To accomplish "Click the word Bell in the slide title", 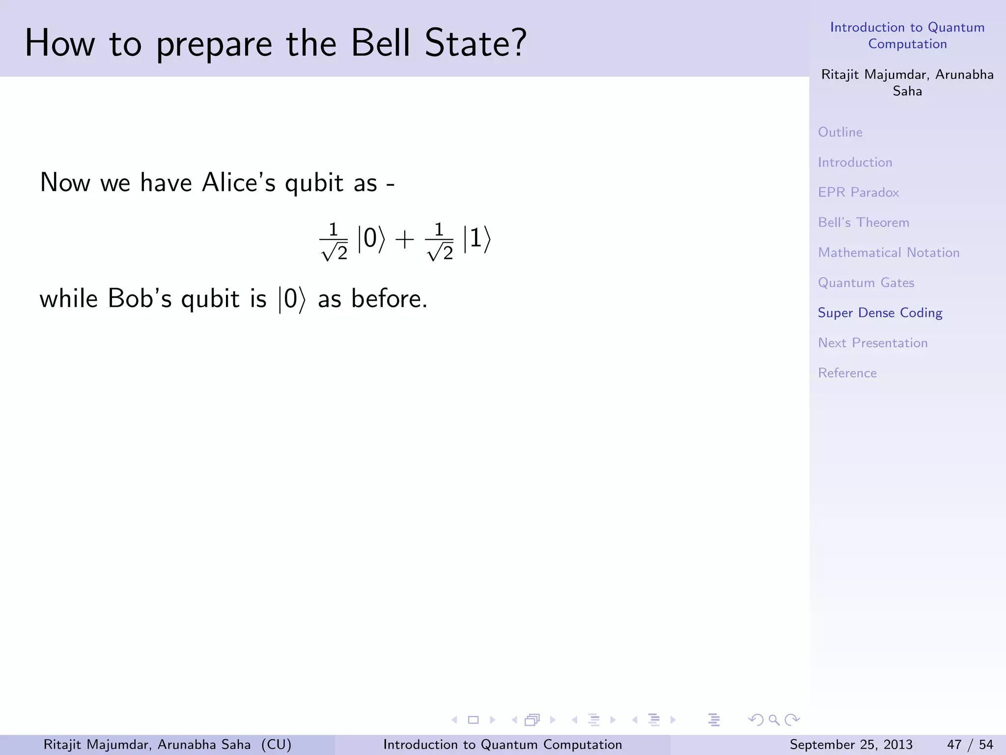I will (381, 43).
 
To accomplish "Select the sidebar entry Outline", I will (840, 132).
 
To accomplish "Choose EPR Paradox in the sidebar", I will (858, 192).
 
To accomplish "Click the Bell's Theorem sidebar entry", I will (863, 223).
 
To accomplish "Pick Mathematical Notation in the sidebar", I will (888, 253).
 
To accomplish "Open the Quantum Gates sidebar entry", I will (866, 283).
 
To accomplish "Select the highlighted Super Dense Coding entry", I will (880, 313).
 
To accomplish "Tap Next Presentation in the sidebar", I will (872, 343).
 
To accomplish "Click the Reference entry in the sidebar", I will (847, 373).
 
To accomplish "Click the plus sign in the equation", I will (404, 240).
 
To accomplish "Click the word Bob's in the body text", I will (140, 299).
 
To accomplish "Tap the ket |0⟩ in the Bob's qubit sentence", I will (292, 299).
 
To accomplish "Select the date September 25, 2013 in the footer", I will (851, 745).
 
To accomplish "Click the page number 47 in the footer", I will (954, 745).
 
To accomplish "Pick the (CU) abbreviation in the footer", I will (276, 745).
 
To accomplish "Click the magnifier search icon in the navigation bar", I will (774, 720).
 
